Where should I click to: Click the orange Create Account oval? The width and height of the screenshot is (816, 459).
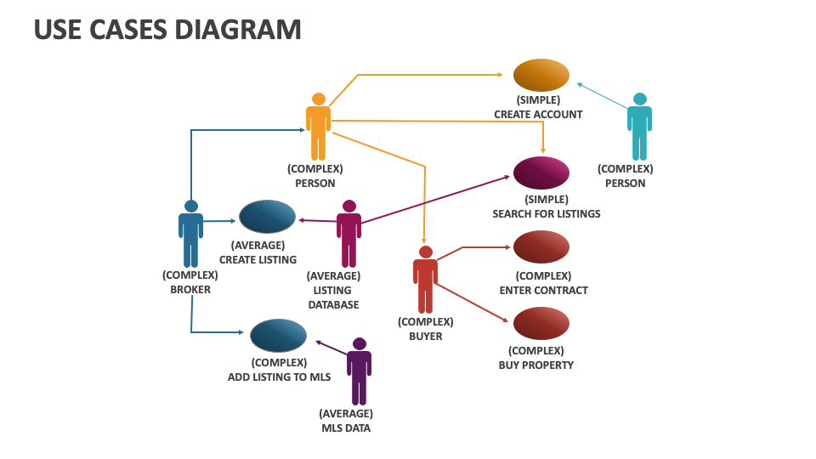click(541, 75)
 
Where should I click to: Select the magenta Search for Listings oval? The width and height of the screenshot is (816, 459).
click(541, 173)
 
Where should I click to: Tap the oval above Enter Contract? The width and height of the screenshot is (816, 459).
click(541, 246)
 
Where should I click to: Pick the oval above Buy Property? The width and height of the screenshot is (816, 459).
click(541, 324)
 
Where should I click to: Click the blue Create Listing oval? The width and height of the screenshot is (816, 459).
click(267, 217)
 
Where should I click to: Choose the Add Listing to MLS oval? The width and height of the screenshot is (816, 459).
click(278, 336)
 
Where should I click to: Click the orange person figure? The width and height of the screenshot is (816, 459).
click(318, 127)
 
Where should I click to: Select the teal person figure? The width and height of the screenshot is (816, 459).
click(639, 127)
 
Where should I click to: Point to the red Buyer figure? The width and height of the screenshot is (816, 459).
click(425, 280)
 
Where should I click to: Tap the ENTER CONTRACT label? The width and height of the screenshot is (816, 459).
click(543, 290)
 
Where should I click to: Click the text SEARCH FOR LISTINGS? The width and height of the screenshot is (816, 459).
click(546, 213)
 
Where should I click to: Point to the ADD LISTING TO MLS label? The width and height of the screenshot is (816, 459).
click(279, 377)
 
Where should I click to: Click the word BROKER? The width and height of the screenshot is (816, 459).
click(190, 289)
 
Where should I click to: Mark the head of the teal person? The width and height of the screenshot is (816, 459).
click(639, 99)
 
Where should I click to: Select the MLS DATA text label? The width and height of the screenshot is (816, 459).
click(345, 428)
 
